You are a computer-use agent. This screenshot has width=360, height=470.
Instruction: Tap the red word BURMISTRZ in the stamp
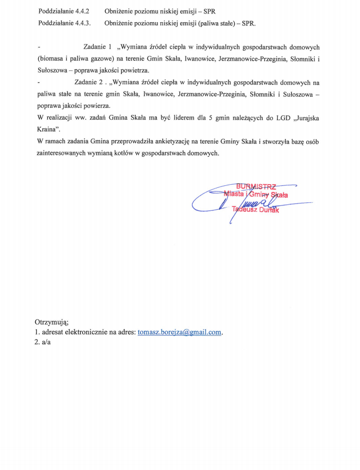[x=256, y=186]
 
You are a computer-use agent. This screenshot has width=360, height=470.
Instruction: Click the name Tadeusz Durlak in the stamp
[x=256, y=210]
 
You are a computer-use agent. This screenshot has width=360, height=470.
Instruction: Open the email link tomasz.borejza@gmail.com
[x=180, y=332]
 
